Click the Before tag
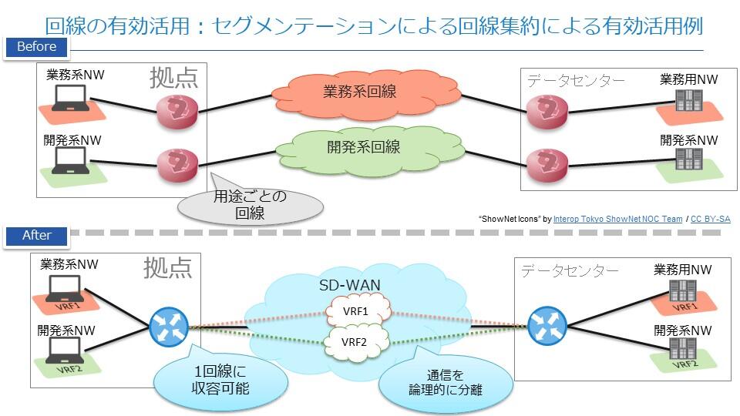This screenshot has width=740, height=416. [x=36, y=46]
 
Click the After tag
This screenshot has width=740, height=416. [x=36, y=236]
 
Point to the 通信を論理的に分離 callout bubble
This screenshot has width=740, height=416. [x=445, y=382]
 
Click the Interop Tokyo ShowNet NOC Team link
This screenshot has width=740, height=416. [x=617, y=219]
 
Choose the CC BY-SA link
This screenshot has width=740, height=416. [x=710, y=219]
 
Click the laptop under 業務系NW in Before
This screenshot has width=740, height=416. [x=70, y=99]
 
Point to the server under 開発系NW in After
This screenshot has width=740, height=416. [x=681, y=349]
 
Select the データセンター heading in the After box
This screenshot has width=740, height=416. [x=570, y=271]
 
